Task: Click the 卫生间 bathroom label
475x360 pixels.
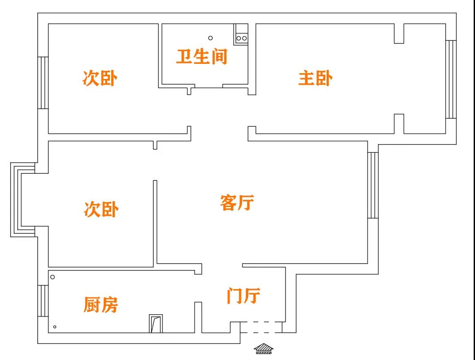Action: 202,57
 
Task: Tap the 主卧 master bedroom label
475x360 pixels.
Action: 315,78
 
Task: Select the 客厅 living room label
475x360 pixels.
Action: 237,203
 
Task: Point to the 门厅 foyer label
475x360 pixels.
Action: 243,295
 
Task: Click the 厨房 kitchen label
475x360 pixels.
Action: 101,305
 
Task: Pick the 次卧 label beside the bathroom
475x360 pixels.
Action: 100,78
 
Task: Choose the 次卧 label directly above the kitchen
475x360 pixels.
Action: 101,209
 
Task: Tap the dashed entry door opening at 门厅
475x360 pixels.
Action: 261,327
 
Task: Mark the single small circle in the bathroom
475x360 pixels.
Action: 210,38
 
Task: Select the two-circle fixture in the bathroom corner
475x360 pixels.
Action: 241,38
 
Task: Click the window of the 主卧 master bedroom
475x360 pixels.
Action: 451,79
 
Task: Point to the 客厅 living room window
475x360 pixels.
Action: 373,185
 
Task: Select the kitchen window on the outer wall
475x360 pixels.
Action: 43,301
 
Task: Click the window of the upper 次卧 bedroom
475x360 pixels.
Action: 43,82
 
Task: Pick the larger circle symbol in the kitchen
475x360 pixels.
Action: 52,277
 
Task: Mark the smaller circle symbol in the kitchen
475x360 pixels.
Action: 55,327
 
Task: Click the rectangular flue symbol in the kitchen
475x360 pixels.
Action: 156,324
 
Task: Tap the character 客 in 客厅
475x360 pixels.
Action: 228,203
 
